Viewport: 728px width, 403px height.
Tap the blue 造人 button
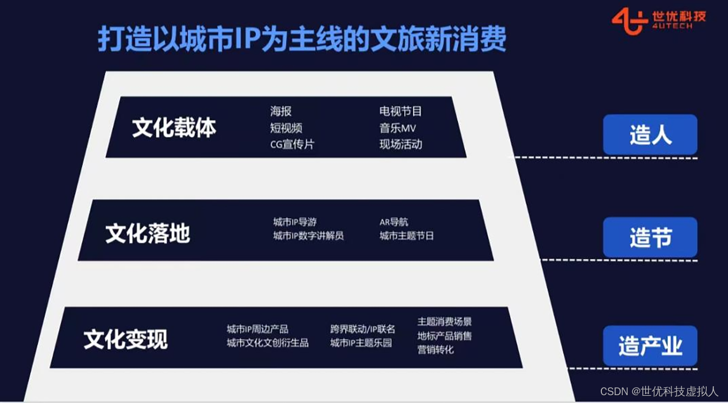pos(650,135)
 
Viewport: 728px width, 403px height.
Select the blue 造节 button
pos(650,238)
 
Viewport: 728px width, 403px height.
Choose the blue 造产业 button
pos(650,346)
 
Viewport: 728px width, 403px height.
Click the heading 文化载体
pos(174,128)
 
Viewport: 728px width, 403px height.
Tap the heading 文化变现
pos(125,340)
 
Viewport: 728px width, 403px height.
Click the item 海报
pos(281,111)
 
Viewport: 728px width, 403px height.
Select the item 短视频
pos(286,128)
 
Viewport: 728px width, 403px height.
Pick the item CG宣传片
pos(292,144)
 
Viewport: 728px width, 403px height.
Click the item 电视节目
pos(400,111)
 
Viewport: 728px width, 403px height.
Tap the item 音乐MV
pos(398,128)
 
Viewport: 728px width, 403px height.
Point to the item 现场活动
pos(400,144)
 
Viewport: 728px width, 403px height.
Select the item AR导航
pos(394,222)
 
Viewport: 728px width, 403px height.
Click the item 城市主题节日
pos(407,236)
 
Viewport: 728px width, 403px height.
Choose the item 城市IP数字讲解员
pos(308,236)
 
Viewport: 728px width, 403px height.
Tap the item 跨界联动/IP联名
pos(362,329)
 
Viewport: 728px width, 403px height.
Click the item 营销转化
pos(435,350)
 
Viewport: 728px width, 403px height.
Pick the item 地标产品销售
pos(444,336)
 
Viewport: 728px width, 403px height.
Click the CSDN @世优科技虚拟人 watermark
pos(659,392)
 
